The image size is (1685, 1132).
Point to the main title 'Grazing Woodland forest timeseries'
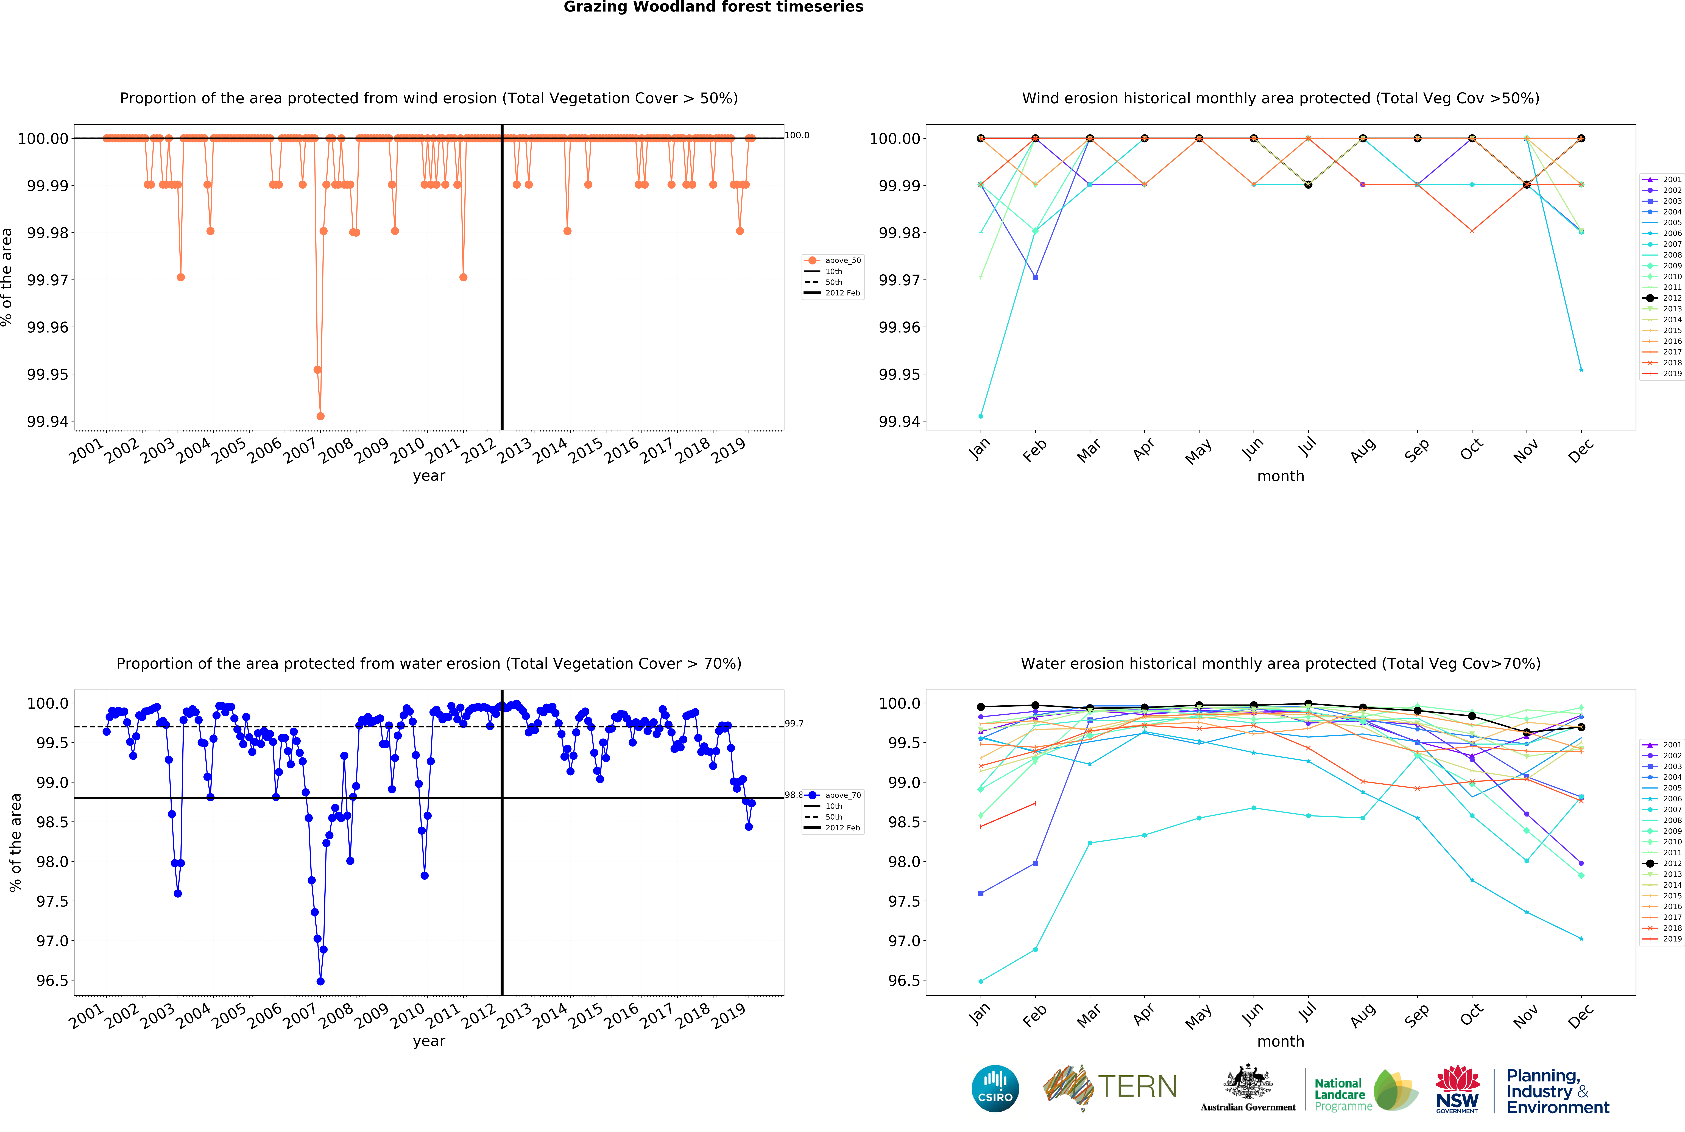713,7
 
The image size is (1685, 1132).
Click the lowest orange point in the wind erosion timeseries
320,416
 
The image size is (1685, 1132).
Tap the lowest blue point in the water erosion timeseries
320,981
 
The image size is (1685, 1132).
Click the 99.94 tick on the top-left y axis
48,422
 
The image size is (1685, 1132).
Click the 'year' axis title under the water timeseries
429,1041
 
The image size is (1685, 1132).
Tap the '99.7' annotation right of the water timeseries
794,723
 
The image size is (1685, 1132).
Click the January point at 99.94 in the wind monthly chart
980,416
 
